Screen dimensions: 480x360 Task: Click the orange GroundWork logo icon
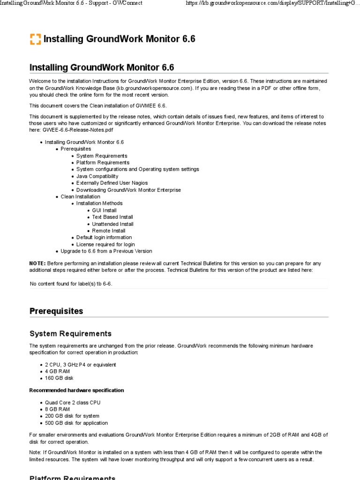pyautogui.click(x=35, y=39)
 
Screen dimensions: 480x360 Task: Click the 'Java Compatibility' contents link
pyautogui.click(x=97, y=176)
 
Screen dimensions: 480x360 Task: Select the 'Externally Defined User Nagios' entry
pyautogui.click(x=112, y=183)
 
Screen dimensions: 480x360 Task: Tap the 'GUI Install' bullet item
pyautogui.click(x=104, y=210)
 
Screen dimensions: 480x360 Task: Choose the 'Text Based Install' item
pyautogui.click(x=112, y=217)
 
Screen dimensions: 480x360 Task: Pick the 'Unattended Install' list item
pyautogui.click(x=112, y=224)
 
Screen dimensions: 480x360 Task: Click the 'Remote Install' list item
pyautogui.click(x=108, y=231)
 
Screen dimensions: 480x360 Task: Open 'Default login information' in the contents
pyautogui.click(x=104, y=237)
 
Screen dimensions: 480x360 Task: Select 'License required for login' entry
pyautogui.click(x=105, y=244)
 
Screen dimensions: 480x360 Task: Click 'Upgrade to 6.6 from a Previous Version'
pyautogui.click(x=106, y=251)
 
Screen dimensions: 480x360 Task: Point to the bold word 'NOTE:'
pyautogui.click(x=37, y=263)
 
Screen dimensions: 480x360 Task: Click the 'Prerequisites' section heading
pyautogui.click(x=56, y=311)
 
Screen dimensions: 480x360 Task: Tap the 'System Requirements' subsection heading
pyautogui.click(x=70, y=334)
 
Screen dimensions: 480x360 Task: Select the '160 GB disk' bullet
pyautogui.click(x=59, y=378)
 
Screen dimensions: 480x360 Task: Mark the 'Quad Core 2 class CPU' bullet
pyautogui.click(x=73, y=402)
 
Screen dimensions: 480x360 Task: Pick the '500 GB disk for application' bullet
pyautogui.click(x=76, y=423)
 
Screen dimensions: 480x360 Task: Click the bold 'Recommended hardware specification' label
pyautogui.click(x=76, y=390)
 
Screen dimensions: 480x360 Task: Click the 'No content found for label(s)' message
pyautogui.click(x=71, y=284)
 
